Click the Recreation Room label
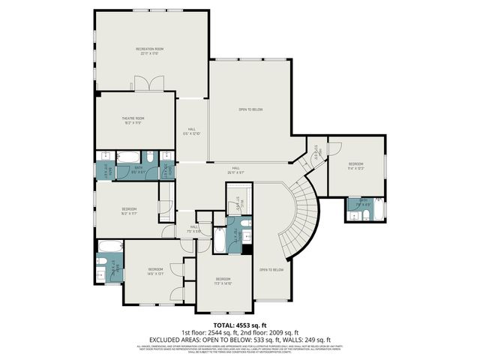pyautogui.click(x=151, y=51)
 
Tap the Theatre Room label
pyautogui.click(x=134, y=120)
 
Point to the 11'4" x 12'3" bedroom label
pyautogui.click(x=355, y=166)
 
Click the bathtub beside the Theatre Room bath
pyautogui.click(x=127, y=157)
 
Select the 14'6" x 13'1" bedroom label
pyautogui.click(x=155, y=271)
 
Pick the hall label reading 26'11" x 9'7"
pyautogui.click(x=235, y=169)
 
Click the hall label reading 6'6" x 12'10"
pyautogui.click(x=192, y=131)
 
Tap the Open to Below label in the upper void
pyautogui.click(x=250, y=110)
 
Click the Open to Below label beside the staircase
pyautogui.click(x=271, y=269)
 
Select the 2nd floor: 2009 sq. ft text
pyautogui.click(x=268, y=332)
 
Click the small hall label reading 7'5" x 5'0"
pyautogui.click(x=193, y=229)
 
